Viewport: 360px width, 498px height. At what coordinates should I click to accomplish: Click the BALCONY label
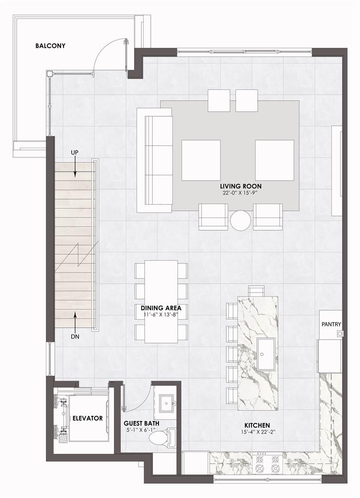pos(50,46)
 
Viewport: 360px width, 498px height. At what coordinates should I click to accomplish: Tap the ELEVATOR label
pos(87,418)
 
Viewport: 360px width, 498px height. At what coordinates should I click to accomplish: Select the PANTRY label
pos(331,324)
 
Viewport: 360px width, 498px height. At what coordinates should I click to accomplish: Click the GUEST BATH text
pos(141,423)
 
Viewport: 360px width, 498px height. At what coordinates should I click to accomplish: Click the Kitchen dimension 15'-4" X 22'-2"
pos(257,432)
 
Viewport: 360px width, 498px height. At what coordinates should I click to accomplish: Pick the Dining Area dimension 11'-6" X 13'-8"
pos(161,314)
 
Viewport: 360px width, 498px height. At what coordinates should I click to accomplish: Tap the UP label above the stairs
pos(74,153)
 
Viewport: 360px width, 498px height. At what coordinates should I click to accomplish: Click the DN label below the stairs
pos(75,336)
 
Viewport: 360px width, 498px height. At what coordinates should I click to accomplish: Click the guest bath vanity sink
pos(166,403)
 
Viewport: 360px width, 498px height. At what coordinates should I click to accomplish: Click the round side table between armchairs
pos(241,220)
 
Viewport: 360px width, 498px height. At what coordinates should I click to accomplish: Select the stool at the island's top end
pos(256,291)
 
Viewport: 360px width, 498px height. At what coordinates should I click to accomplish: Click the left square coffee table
pos(201,161)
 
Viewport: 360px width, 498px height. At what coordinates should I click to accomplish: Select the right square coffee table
pos(275,161)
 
